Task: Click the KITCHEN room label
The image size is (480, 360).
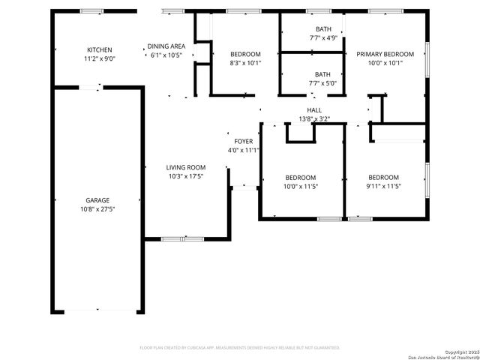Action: coord(99,50)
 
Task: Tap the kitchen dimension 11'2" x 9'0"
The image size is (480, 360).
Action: coord(99,59)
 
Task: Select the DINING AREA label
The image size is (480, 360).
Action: coord(166,46)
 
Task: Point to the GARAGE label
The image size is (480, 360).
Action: coord(97,200)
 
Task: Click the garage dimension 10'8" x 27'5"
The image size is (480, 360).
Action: coord(97,209)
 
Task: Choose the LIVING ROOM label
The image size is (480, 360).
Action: coord(186,167)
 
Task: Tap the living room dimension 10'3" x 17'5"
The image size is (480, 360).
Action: coord(186,176)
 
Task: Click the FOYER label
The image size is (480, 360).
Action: coord(244,141)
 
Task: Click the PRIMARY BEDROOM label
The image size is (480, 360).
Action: coord(385,54)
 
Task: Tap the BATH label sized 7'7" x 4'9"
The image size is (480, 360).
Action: coord(322,28)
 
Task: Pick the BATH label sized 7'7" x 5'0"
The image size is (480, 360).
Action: coord(322,74)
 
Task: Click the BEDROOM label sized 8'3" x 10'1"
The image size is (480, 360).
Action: coord(245,54)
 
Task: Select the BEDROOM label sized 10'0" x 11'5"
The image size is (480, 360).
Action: coord(300,178)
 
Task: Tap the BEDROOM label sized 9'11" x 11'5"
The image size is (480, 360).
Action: coord(383,178)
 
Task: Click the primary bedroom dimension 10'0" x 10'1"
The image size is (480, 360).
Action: coord(385,63)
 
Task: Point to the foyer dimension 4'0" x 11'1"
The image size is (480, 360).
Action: coord(244,150)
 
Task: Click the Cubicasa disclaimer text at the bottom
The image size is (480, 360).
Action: coord(240,348)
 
